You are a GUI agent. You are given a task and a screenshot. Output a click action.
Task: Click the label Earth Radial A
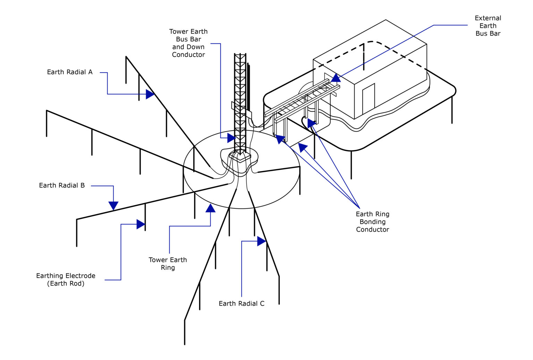coord(70,72)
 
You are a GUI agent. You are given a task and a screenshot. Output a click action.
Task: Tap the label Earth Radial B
coord(62,186)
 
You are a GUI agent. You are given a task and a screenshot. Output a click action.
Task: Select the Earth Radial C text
coord(242,303)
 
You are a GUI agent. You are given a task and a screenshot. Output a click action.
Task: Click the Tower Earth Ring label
coord(168,264)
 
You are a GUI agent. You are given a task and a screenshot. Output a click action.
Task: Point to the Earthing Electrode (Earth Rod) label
coord(66,280)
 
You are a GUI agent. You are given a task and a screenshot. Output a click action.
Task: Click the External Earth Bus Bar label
coord(488,26)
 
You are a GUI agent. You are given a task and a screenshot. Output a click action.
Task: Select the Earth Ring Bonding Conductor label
coord(372,222)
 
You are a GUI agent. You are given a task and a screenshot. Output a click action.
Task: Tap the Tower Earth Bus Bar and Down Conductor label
coord(188,43)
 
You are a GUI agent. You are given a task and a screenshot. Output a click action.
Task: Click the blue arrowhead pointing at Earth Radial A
coord(150,94)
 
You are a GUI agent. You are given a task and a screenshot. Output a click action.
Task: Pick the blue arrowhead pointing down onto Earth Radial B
coord(113,206)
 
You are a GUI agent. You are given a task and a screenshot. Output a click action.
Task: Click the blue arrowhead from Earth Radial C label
coord(262,241)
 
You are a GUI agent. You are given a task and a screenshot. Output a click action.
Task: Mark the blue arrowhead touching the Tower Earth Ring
coord(210,208)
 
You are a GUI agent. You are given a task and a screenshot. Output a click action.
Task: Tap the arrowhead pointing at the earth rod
coord(141,224)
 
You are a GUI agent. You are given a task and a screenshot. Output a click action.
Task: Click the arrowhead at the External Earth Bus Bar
coord(336,78)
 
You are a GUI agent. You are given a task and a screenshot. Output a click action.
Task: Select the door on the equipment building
coord(369,98)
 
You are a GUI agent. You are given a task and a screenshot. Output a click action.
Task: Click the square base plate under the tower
coord(240,157)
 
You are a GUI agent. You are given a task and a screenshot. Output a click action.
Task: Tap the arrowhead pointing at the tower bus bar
coord(231,138)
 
